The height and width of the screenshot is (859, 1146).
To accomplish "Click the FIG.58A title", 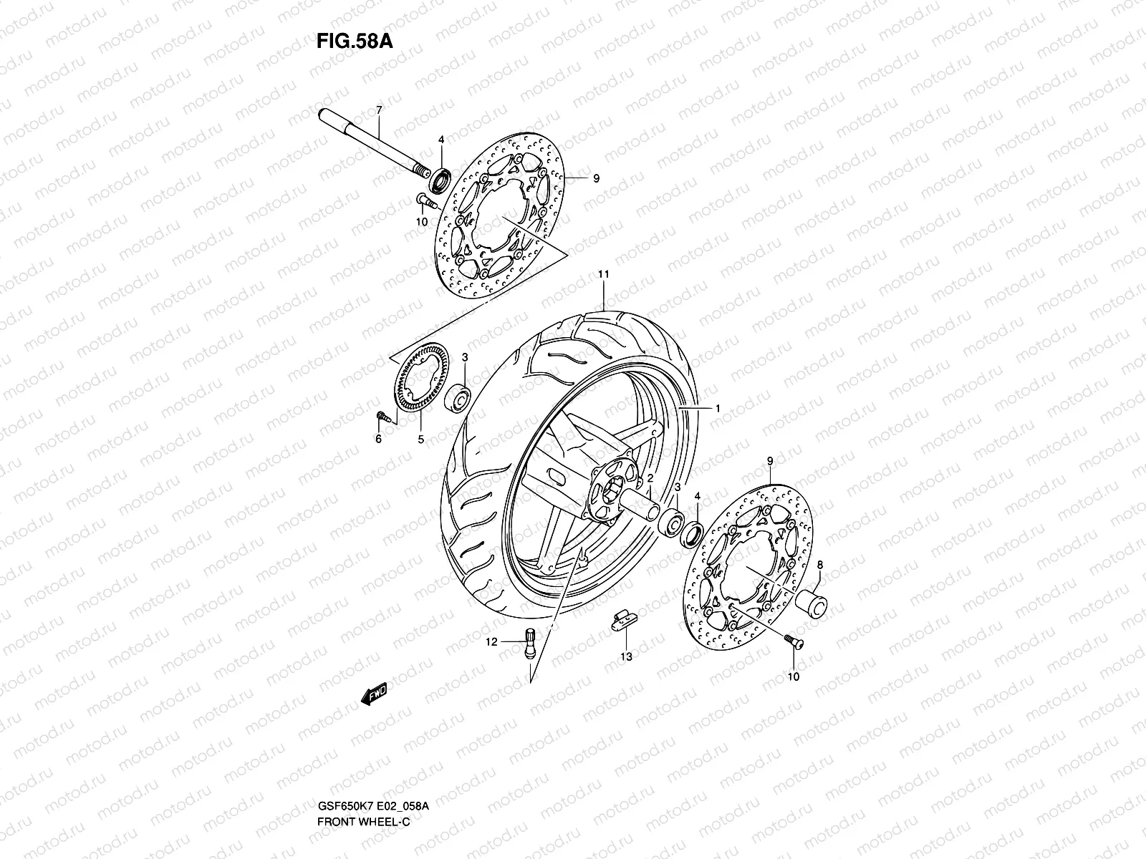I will pos(355,41).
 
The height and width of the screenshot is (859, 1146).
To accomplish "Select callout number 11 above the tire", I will pos(603,274).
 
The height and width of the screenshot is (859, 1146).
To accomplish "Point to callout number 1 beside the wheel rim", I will pos(717,408).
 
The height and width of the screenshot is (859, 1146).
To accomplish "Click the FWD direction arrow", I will pos(374,692).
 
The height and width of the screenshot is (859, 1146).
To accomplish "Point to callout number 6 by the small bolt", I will pos(379,440).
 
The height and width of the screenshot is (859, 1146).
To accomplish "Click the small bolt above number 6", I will pos(382,417).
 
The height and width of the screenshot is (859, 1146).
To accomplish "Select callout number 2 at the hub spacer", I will pos(650,477).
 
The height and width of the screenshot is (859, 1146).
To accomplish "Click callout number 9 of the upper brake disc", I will pos(595,179).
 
